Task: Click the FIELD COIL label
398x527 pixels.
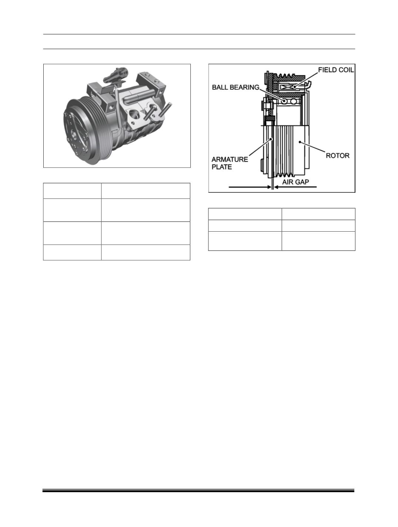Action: click(336, 70)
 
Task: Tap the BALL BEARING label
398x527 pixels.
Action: click(236, 87)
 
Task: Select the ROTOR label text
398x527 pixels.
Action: click(337, 156)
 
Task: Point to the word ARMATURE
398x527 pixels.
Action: click(230, 159)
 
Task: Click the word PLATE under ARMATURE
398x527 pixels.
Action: click(222, 167)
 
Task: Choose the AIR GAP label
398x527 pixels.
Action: click(295, 182)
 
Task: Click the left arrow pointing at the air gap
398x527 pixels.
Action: click(250, 187)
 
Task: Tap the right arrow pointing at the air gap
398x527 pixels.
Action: click(295, 187)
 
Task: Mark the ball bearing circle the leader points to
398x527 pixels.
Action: click(284, 101)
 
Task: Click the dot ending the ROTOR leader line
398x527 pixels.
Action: click(300, 142)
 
